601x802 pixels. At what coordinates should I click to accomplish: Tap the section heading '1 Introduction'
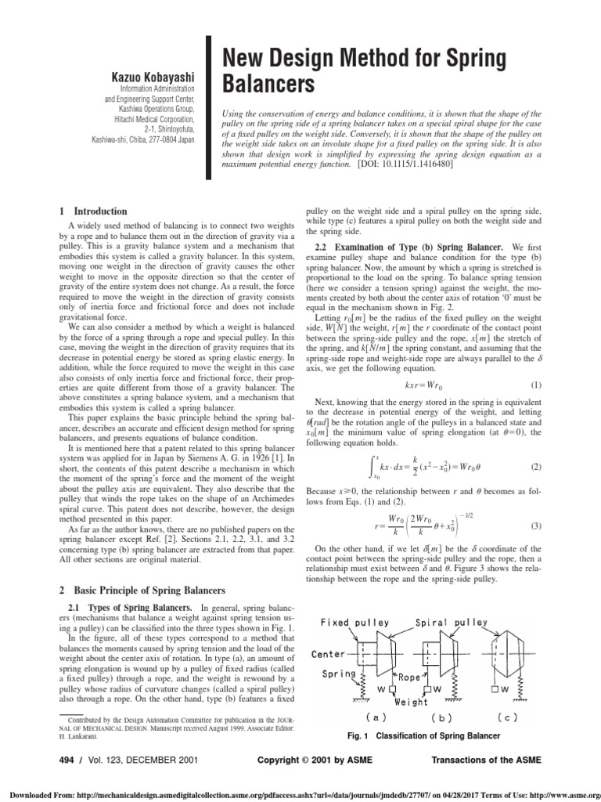coord(93,211)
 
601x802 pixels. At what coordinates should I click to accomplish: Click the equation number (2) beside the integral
coord(536,467)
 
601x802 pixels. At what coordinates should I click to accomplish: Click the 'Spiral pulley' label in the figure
coord(457,623)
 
